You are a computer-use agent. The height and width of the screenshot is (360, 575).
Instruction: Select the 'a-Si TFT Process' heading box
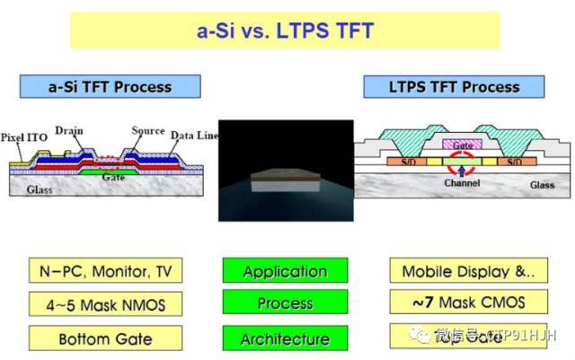tap(109, 87)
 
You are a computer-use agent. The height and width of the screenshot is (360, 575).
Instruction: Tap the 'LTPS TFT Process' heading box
tap(454, 87)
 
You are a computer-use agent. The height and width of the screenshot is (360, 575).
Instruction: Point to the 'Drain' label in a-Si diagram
tap(68, 131)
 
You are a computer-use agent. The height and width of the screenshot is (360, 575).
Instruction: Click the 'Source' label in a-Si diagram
tap(147, 130)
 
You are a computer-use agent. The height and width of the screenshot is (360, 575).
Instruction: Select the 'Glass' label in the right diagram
tap(541, 184)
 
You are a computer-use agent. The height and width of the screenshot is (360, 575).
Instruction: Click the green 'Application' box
tap(285, 271)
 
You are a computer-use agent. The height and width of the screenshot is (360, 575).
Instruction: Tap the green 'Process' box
tap(285, 303)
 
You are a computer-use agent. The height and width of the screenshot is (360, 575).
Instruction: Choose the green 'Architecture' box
tap(285, 338)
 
